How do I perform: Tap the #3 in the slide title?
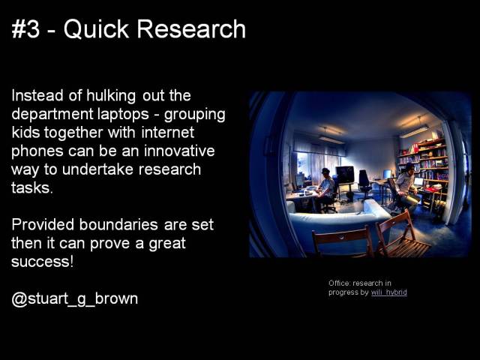pyautogui.click(x=27, y=29)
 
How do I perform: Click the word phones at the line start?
pyautogui.click(x=36, y=151)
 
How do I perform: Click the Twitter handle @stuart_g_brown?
pyautogui.click(x=75, y=298)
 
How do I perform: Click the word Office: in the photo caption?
pyautogui.click(x=340, y=283)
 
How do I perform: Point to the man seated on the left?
pyautogui.click(x=325, y=189)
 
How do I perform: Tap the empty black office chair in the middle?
pyautogui.click(x=364, y=181)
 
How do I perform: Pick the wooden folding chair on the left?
pyautogui.click(x=343, y=241)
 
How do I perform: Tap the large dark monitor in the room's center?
pyautogui.click(x=344, y=174)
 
